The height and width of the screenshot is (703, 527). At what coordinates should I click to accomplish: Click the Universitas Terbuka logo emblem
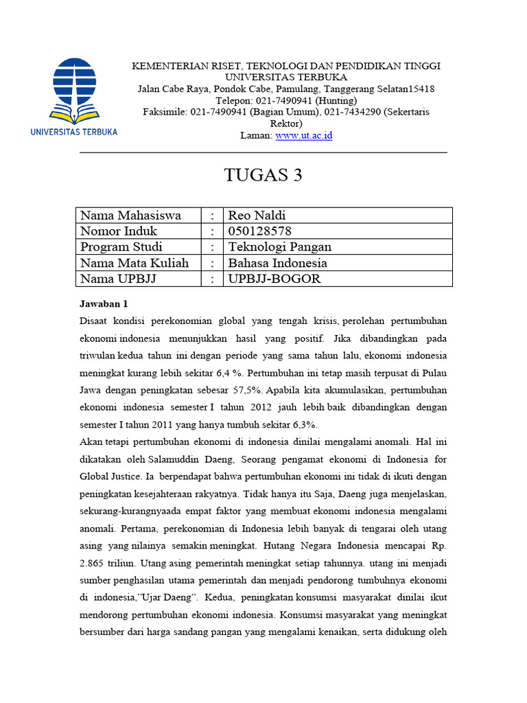pos(74,90)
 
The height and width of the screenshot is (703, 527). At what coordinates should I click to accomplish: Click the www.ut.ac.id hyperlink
pos(303,136)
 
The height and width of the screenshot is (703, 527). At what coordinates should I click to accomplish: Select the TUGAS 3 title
pos(263,176)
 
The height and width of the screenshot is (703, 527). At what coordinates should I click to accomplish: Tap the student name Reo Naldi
pos(257,216)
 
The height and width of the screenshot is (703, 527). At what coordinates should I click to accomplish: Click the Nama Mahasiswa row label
pos(130,216)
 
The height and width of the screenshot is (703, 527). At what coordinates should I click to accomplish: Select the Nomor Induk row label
pos(119,231)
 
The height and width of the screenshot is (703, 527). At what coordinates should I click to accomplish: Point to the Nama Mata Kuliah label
pos(134,263)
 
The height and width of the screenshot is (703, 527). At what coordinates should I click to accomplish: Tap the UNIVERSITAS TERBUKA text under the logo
pos(74,132)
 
